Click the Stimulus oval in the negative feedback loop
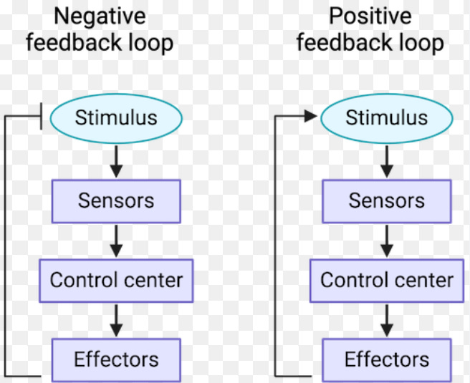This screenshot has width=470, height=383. click(x=116, y=118)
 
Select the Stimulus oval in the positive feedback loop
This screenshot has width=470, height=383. click(x=387, y=118)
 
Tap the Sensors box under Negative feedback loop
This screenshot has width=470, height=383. click(x=116, y=201)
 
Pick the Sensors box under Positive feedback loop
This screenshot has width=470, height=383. click(x=387, y=201)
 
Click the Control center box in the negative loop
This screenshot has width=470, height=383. click(x=116, y=281)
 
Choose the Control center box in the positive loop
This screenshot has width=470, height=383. click(x=387, y=281)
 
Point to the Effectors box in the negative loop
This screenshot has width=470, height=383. click(x=116, y=360)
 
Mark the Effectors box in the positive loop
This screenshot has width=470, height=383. click(x=387, y=360)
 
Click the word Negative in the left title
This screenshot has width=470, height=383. click(x=100, y=17)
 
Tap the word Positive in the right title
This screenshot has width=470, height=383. click(x=370, y=16)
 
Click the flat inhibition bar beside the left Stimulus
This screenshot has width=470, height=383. click(x=41, y=116)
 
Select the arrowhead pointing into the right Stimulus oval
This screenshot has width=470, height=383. click(x=310, y=116)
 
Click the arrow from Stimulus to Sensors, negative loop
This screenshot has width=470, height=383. click(x=116, y=161)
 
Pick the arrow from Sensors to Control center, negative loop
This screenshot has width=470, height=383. click(x=116, y=241)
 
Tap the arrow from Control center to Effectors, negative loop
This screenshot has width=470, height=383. click(x=116, y=321)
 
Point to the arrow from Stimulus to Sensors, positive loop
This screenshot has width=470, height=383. click(x=387, y=161)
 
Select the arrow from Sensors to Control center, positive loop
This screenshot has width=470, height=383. click(x=387, y=241)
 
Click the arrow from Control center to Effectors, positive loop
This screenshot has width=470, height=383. click(x=387, y=321)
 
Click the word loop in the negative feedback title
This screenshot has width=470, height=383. click(x=150, y=44)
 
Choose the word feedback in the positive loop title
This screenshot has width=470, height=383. click(x=344, y=42)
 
